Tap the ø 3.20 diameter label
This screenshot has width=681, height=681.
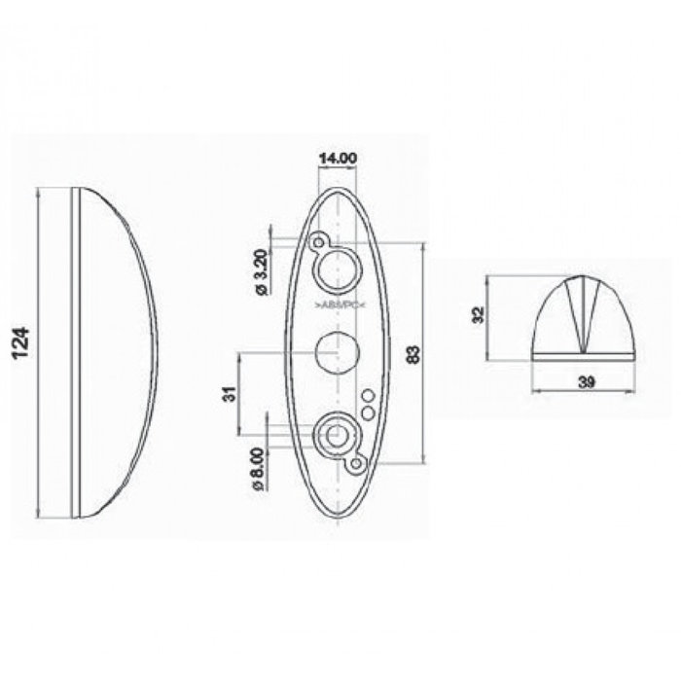tap(260, 274)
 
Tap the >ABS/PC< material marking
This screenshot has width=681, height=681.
tap(338, 306)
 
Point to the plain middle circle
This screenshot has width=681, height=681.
tap(337, 350)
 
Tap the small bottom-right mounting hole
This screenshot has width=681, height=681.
tap(357, 465)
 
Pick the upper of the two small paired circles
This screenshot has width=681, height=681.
tap(369, 396)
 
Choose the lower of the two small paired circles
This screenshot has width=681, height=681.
tap(368, 413)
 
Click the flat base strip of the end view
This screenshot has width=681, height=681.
tap(585, 356)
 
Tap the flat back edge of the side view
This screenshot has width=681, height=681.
tap(75, 350)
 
